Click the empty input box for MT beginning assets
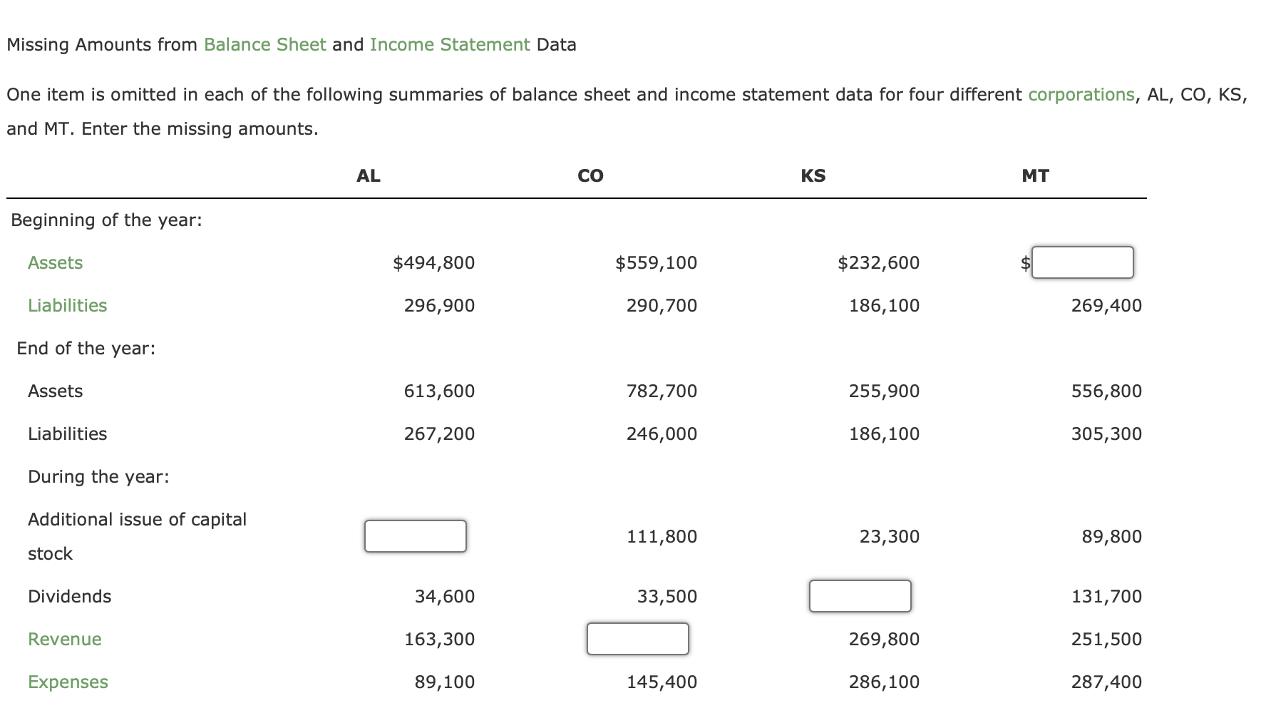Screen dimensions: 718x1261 click(1082, 262)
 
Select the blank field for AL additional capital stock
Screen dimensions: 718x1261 click(415, 536)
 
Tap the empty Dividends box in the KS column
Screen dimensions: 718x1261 click(860, 596)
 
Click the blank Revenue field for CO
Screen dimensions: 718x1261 click(637, 639)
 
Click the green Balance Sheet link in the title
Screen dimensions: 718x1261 click(264, 45)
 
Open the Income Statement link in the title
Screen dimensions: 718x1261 click(449, 45)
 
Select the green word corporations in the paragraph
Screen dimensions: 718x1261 click(1081, 95)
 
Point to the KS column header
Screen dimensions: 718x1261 click(813, 176)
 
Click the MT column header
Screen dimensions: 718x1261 click(1035, 176)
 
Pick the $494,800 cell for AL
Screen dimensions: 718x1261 click(433, 263)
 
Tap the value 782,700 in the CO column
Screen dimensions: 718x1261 click(662, 391)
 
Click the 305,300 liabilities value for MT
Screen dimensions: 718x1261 click(1106, 434)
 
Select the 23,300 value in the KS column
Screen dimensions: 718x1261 click(889, 537)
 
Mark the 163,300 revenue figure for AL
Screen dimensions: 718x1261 click(439, 640)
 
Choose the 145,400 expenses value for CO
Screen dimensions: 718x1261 click(662, 682)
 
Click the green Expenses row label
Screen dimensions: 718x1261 click(68, 682)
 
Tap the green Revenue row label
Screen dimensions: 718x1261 click(64, 640)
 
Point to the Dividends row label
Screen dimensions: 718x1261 click(69, 597)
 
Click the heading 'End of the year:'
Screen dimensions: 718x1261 click(86, 349)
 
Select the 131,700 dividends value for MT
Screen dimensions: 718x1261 click(1106, 597)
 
